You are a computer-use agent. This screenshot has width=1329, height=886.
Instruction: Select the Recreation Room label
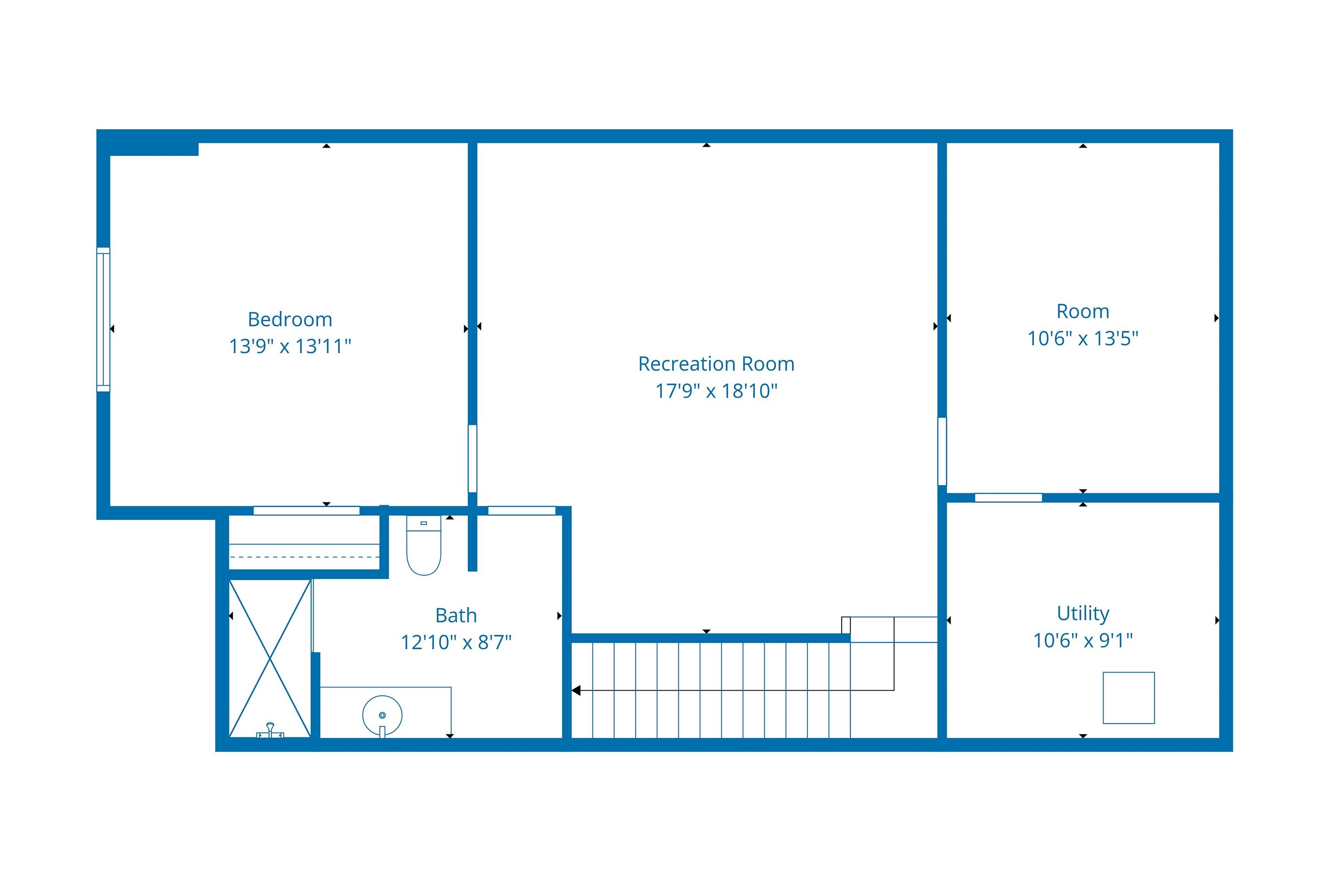pos(716,364)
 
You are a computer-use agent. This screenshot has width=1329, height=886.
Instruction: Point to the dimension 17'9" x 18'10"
pos(716,391)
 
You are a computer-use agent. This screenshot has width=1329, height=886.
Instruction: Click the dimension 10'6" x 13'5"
pos(1083,338)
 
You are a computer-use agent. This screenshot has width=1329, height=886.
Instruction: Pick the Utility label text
pos(1083,614)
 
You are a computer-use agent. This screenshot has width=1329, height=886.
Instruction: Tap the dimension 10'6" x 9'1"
pos(1083,641)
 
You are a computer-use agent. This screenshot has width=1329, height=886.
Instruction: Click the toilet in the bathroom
pos(424,545)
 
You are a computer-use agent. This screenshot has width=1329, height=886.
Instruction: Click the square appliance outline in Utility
pos(1128,698)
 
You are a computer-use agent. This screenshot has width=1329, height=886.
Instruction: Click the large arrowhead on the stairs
pos(576,691)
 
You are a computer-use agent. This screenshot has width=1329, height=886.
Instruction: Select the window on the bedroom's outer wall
pos(103,319)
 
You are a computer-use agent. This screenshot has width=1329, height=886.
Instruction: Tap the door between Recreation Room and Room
pos(942,451)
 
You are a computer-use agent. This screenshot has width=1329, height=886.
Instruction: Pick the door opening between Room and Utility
pos(1009,498)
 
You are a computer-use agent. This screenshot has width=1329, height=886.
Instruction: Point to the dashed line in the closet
pos(304,557)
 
